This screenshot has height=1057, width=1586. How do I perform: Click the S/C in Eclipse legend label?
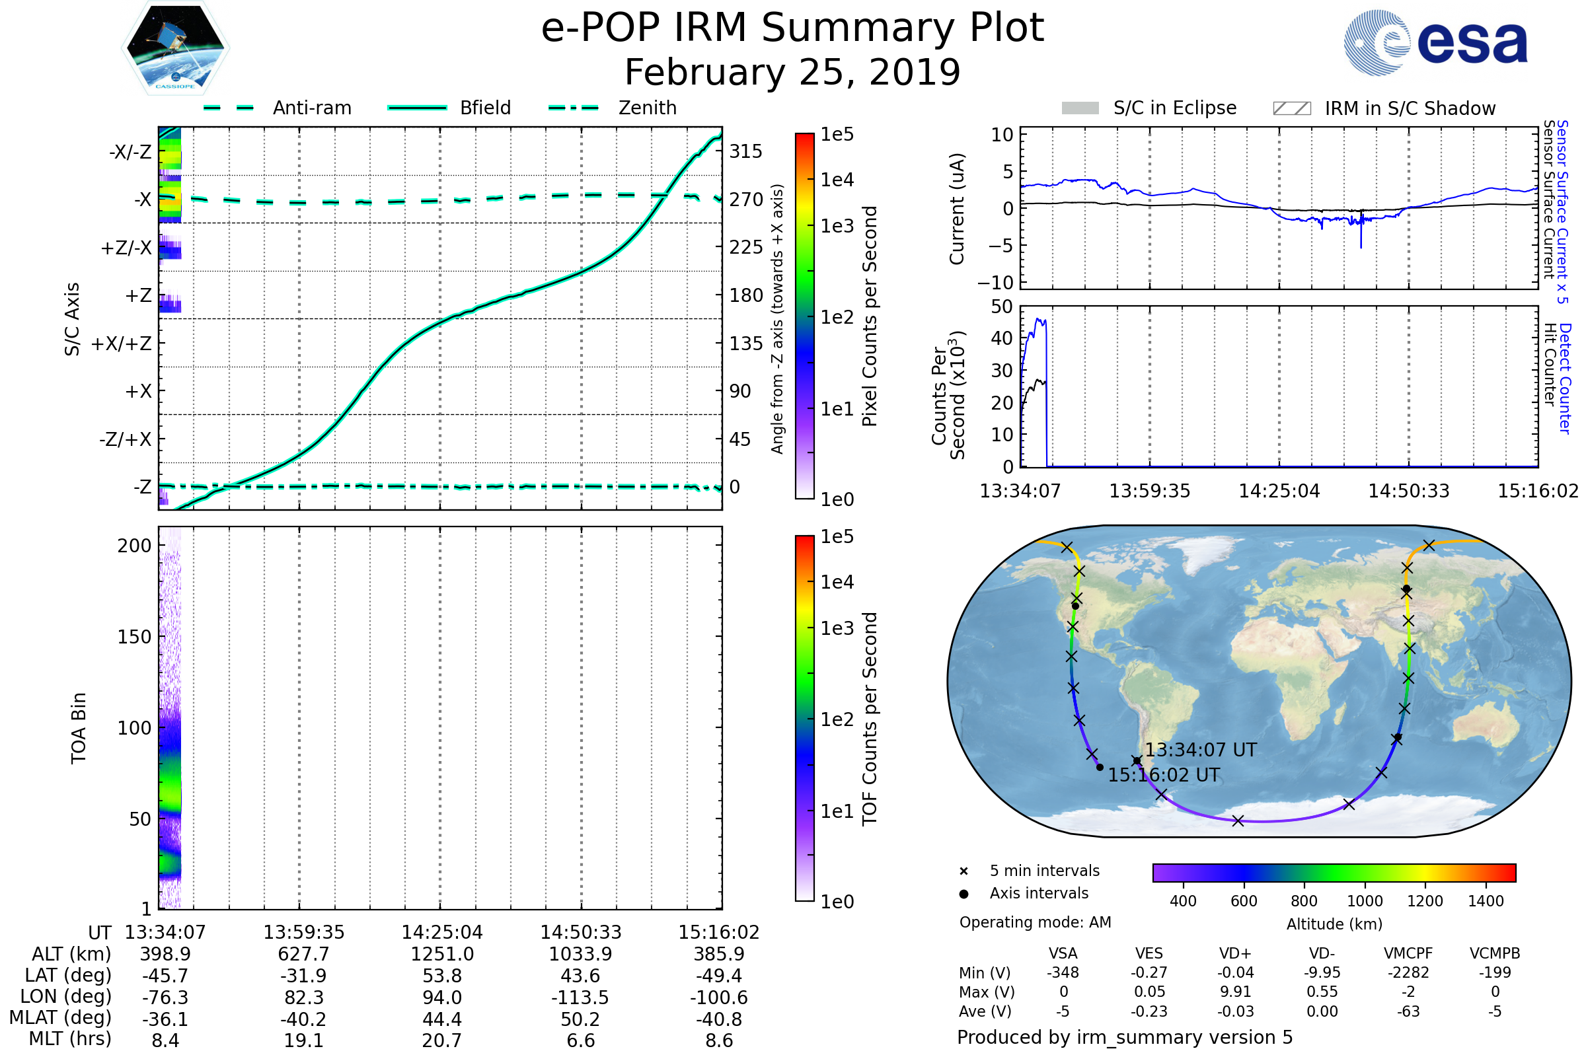point(1175,108)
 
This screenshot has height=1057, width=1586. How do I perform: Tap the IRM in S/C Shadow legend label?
point(1410,108)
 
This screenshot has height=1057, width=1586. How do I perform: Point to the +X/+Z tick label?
point(122,344)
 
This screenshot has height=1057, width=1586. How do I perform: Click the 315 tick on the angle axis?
point(746,151)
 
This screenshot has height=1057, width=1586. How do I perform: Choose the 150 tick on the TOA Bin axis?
point(134,637)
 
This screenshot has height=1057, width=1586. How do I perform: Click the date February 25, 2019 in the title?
point(792,72)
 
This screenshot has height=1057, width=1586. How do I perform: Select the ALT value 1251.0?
point(442,955)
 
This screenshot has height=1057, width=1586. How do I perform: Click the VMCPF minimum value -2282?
point(1408,972)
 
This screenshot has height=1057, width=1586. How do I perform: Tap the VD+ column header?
point(1235,953)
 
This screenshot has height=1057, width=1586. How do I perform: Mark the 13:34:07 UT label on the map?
point(1200,750)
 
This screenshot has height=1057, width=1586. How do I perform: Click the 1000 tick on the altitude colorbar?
point(1365,901)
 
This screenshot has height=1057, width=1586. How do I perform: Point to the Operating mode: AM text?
point(1035,922)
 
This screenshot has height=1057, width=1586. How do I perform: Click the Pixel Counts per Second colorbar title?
point(870,316)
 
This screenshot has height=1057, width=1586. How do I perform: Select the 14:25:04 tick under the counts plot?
point(1279,491)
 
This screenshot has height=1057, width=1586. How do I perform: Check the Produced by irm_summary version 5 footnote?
point(1125,1037)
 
